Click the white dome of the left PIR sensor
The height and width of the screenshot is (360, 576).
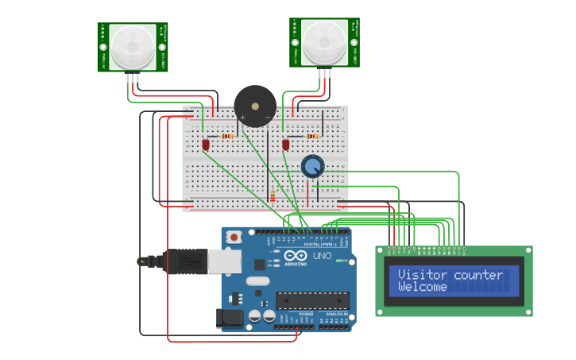[133, 47]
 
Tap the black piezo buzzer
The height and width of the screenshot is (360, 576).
[255, 106]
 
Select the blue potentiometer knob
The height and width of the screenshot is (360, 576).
[313, 165]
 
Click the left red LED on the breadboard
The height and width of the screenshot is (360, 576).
[206, 145]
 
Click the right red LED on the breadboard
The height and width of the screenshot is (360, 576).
[286, 144]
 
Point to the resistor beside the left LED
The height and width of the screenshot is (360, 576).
[228, 136]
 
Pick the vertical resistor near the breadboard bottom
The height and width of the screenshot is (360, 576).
[273, 195]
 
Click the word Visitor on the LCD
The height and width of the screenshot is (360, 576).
[423, 275]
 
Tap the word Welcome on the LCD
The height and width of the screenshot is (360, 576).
[422, 287]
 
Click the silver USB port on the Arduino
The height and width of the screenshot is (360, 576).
[224, 261]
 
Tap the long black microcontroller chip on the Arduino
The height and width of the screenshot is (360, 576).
[312, 301]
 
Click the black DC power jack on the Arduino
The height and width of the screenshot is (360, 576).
[230, 318]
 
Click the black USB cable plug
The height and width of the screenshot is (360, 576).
[184, 261]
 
